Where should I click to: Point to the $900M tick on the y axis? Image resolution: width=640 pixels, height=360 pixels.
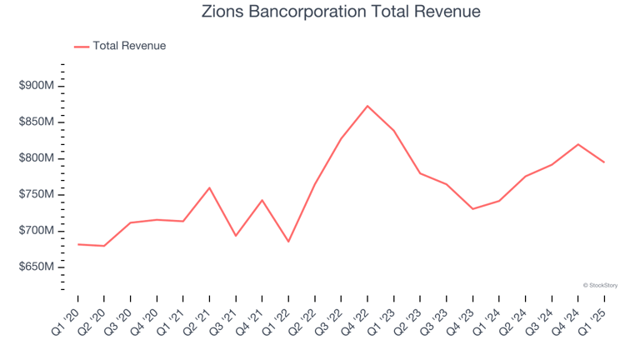tap(37, 86)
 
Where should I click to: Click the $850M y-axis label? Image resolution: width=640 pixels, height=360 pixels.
tap(37, 122)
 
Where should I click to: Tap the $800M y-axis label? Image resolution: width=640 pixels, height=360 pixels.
tap(37, 158)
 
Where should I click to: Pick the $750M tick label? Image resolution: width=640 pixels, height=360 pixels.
tap(37, 194)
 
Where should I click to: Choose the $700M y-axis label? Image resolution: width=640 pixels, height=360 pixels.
tap(37, 231)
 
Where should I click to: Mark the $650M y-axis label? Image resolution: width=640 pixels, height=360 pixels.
tap(37, 267)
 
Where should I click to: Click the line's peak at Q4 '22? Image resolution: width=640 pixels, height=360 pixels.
tap(367, 106)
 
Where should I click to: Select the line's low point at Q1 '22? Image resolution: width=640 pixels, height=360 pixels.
tap(288, 242)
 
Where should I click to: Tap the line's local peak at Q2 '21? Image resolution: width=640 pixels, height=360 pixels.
tap(209, 187)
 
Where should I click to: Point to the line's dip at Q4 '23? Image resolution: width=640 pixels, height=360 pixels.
tap(472, 208)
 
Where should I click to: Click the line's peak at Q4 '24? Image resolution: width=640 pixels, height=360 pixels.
tap(577, 144)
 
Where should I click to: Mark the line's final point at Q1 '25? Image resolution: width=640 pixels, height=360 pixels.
tap(604, 162)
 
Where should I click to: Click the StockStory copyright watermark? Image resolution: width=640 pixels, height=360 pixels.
tap(600, 285)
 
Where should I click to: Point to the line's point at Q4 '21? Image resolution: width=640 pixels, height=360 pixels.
tap(262, 200)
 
